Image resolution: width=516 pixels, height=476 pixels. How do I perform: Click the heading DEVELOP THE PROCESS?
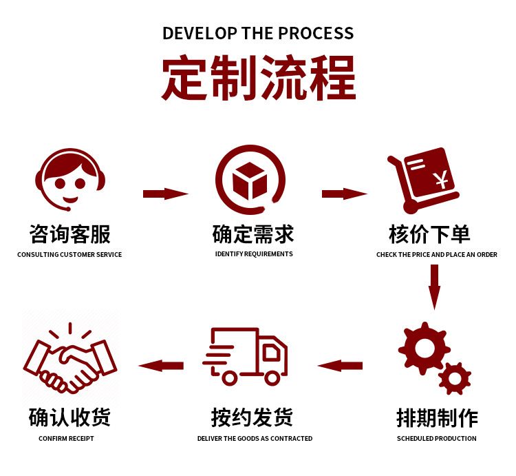click(x=258, y=32)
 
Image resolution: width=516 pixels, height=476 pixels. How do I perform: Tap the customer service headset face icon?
click(x=69, y=180)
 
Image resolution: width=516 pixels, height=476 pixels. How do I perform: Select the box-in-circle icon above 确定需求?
click(x=250, y=181)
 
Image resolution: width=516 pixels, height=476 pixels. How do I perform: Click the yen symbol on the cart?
click(x=440, y=181)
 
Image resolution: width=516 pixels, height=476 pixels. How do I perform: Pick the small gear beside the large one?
click(x=455, y=378)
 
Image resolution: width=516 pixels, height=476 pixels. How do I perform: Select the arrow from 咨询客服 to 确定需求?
click(x=165, y=194)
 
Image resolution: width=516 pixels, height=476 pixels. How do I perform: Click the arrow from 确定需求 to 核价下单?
click(x=345, y=194)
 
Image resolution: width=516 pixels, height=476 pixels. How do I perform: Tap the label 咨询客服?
click(x=69, y=234)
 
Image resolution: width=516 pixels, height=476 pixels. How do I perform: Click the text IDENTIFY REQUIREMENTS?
click(x=254, y=254)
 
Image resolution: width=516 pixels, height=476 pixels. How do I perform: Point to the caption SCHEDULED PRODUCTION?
click(x=436, y=439)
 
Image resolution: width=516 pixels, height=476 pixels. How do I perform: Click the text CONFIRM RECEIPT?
click(x=66, y=439)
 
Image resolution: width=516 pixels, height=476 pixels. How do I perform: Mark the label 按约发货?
click(x=252, y=417)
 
